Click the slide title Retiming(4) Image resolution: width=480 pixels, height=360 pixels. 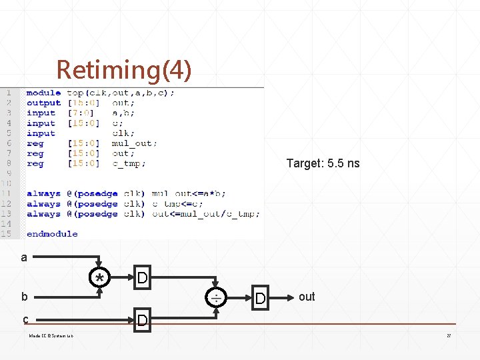(x=123, y=69)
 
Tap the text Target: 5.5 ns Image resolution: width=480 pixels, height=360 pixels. (x=323, y=163)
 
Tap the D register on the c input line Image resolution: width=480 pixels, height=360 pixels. (x=143, y=320)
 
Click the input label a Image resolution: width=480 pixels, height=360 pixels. (x=24, y=257)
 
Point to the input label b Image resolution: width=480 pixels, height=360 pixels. (x=24, y=297)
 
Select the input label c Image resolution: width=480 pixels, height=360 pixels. (x=25, y=319)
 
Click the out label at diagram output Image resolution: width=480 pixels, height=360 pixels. (x=307, y=297)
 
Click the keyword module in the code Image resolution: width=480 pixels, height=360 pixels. (x=43, y=93)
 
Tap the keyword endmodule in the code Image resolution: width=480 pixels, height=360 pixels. (x=52, y=234)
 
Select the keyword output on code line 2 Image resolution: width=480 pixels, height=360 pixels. (x=43, y=103)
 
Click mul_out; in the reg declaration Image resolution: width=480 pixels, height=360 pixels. (x=135, y=143)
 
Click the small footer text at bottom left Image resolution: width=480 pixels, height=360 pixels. (x=51, y=335)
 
